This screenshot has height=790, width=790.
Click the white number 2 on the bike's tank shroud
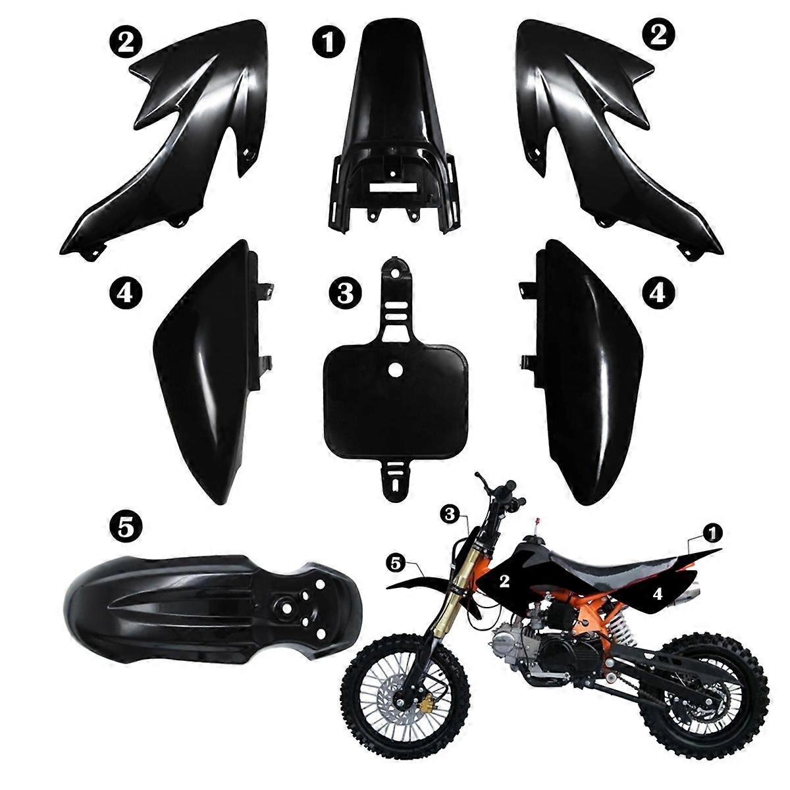click(505, 580)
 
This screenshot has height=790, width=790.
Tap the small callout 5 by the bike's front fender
click(395, 562)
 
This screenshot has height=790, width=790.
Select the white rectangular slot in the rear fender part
click(391, 186)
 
